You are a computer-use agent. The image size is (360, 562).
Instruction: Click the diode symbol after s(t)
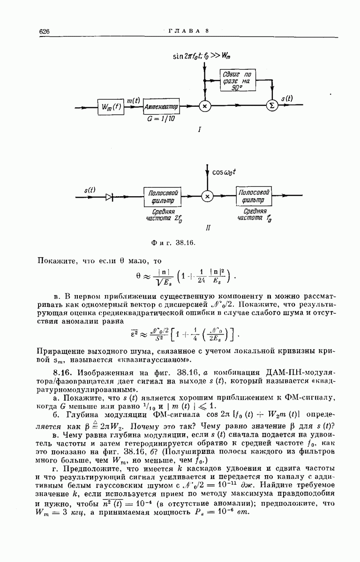(x=109, y=197)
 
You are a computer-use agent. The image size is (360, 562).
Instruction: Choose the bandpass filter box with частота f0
(x=254, y=197)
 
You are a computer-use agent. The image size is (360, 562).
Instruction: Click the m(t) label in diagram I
(x=134, y=100)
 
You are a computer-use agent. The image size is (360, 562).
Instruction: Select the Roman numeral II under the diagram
(x=208, y=228)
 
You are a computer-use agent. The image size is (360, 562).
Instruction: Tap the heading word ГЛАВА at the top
(x=183, y=31)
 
